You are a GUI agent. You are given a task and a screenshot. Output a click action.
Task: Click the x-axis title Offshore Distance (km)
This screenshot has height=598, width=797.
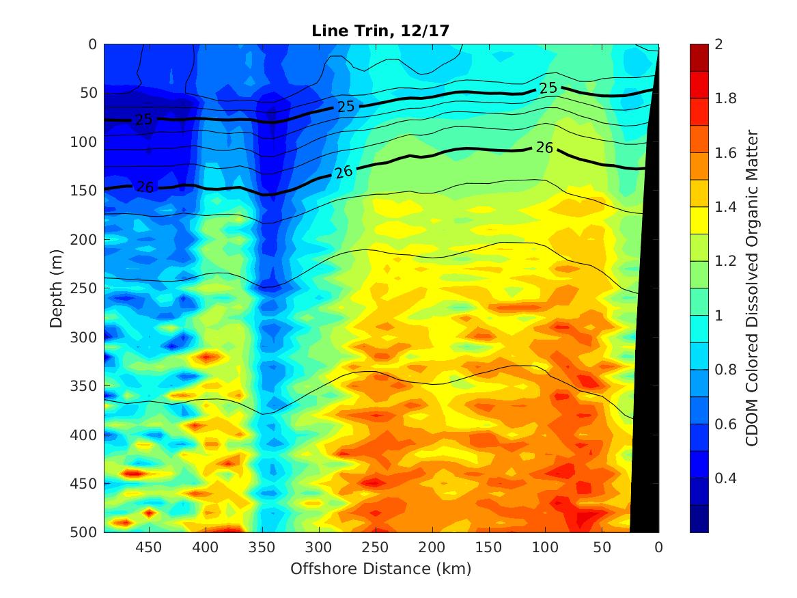[x=381, y=569]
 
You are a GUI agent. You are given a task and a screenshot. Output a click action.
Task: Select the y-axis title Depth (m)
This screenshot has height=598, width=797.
[x=57, y=288]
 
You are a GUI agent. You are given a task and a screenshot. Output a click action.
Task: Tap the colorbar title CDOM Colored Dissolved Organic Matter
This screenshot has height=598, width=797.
[x=752, y=288]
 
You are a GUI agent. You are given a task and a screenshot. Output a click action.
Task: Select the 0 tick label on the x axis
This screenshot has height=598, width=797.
[x=658, y=547]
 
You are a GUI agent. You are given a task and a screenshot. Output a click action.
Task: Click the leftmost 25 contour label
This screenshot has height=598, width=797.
[x=143, y=120]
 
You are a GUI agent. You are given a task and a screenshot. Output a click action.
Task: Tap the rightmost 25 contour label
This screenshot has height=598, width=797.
[x=548, y=88]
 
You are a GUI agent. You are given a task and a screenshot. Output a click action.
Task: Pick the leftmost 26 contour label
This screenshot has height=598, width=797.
[x=144, y=186]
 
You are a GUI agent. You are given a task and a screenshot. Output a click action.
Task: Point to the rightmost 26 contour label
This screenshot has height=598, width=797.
[x=544, y=146]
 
